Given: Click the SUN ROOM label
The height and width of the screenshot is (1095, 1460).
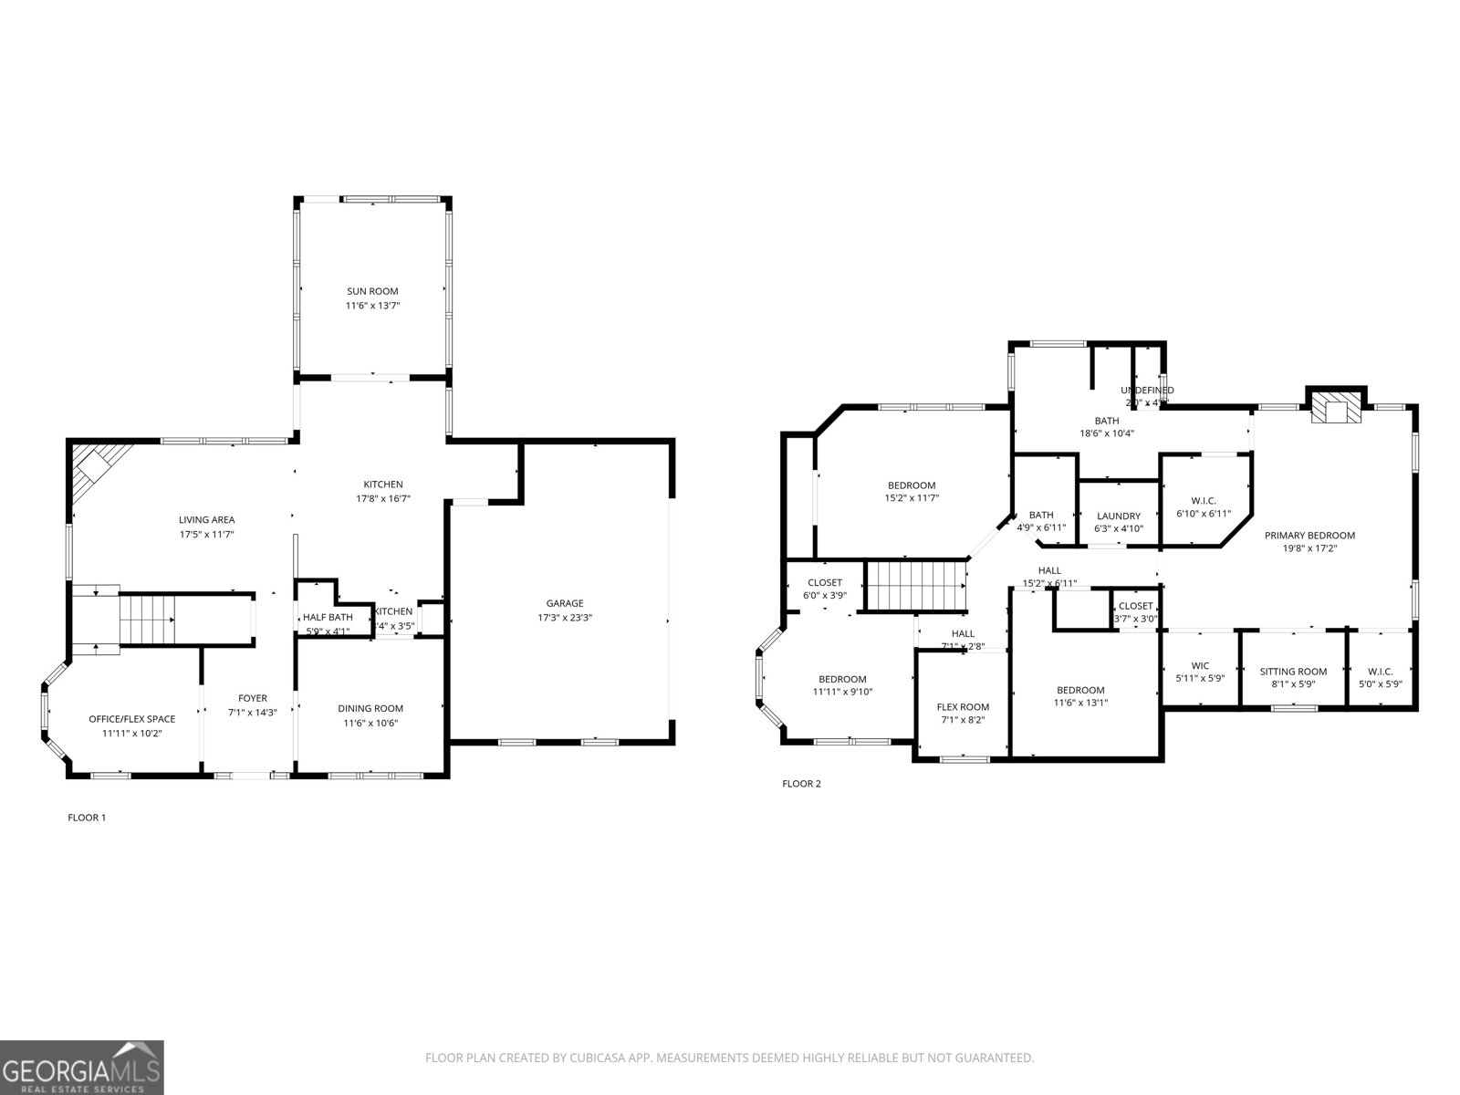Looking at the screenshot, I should pos(372,291).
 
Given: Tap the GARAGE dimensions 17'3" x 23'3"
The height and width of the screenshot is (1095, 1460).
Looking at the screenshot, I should pos(565,618).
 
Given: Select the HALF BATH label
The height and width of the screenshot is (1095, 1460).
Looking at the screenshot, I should pos(328,618).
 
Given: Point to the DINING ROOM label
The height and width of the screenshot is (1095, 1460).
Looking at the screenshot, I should pos(370,708).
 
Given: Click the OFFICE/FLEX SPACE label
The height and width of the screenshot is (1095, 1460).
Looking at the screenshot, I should pos(131,719).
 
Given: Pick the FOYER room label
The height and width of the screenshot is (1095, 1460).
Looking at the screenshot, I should pos(253,698).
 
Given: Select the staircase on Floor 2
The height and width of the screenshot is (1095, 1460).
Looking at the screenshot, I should pos(915,586).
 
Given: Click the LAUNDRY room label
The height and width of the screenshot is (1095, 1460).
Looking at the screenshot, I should pos(1119,516).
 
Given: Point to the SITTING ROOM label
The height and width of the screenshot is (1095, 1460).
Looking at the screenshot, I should pos(1293,672).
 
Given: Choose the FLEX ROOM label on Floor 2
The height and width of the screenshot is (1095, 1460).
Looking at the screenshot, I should pos(963,706).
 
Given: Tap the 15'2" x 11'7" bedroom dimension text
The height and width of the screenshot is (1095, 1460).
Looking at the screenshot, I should pos(912,498).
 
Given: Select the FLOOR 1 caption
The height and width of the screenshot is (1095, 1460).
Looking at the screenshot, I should pos(88,818).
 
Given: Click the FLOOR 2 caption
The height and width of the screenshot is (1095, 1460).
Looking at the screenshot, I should pos(802,783).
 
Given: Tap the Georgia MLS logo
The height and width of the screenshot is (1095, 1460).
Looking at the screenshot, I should pos(82,1067).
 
